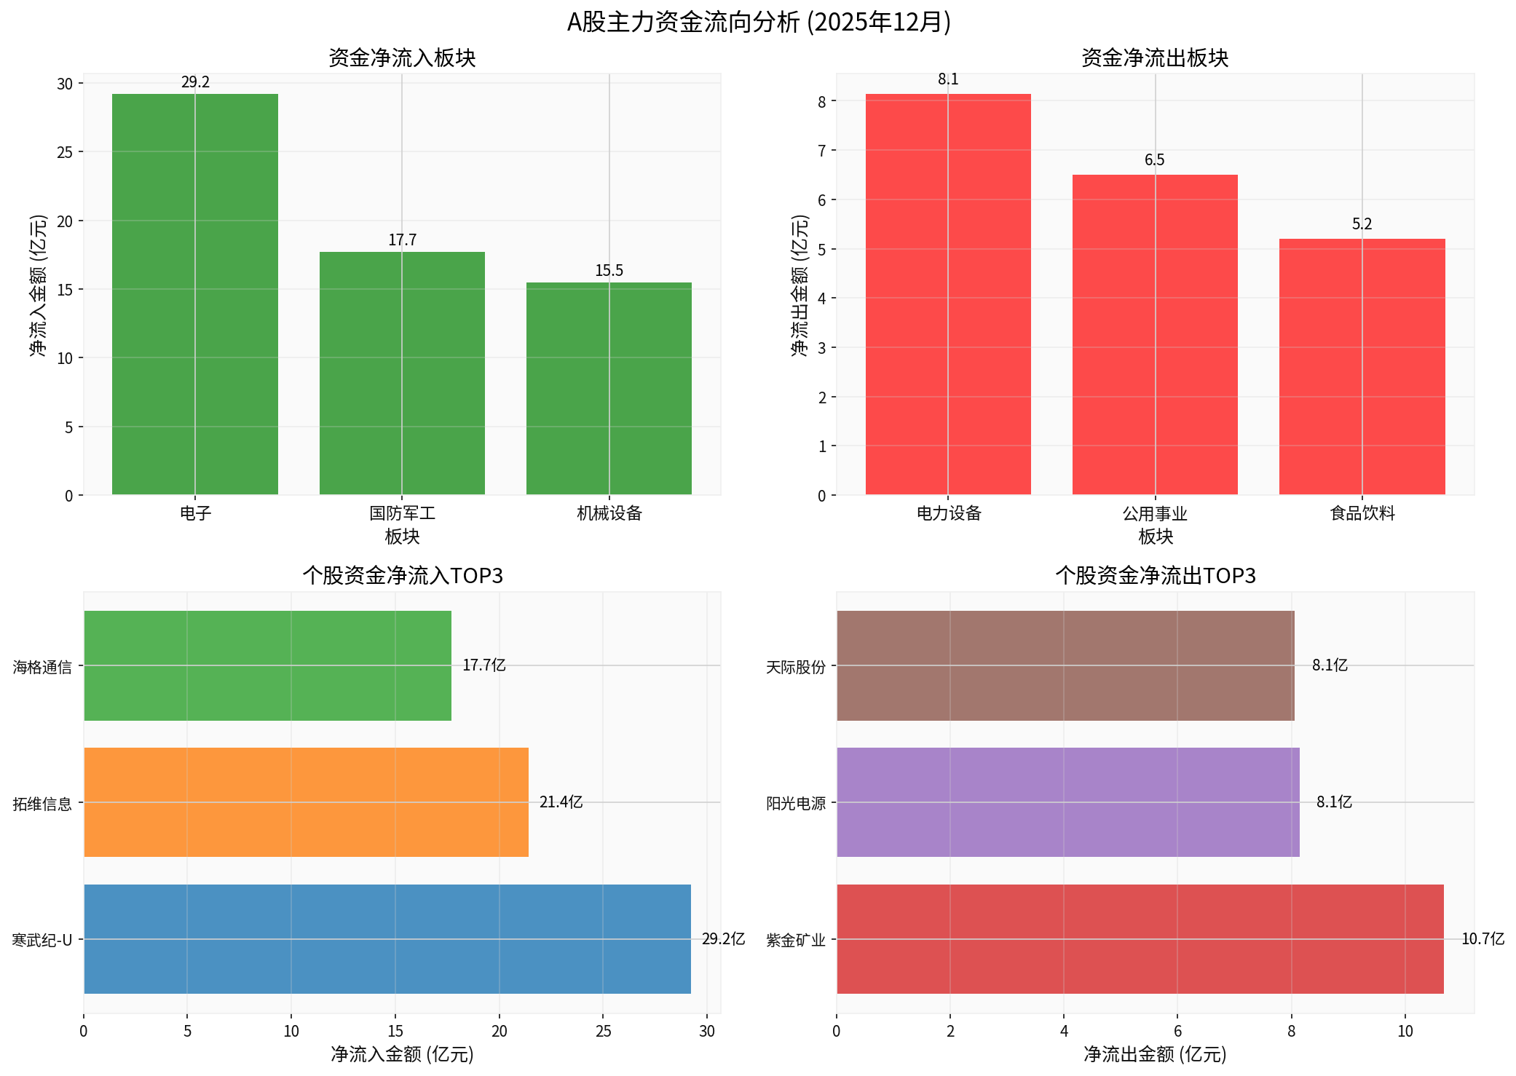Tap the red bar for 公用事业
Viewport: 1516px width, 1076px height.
coord(1155,334)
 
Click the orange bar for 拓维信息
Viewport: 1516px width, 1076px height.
coord(306,802)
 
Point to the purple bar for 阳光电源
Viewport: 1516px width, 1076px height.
coord(1067,802)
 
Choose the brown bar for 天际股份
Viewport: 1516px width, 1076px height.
coord(1065,665)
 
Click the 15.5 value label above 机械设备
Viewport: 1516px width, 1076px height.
coord(609,271)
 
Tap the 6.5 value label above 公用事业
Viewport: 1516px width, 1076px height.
coord(1154,160)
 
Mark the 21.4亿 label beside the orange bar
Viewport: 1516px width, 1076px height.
coord(561,802)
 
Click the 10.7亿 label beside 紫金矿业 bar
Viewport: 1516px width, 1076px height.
coord(1483,939)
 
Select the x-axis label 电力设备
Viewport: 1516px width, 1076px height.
coord(948,513)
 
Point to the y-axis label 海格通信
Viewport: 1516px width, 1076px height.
coord(42,667)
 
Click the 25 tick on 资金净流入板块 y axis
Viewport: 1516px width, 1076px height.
coord(66,152)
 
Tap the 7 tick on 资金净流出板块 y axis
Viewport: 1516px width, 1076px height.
coord(822,151)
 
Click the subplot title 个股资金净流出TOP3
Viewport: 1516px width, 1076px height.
coord(1156,576)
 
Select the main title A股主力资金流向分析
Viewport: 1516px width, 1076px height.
coord(758,23)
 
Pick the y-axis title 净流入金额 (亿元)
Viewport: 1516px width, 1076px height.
coord(38,285)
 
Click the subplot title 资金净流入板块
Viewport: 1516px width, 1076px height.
coord(402,58)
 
